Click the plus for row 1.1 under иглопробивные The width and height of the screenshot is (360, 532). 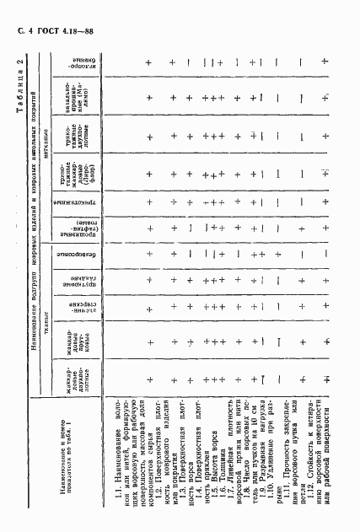[148, 64]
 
